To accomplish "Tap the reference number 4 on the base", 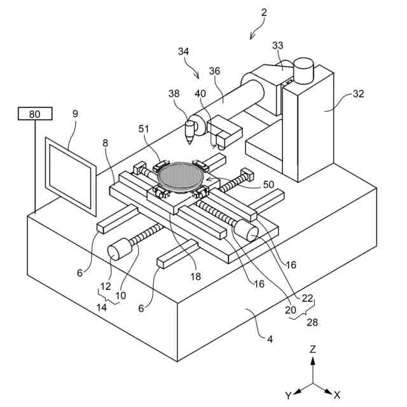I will coord(270,339).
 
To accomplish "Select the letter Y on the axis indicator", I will coord(288,395).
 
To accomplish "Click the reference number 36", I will coord(214,71).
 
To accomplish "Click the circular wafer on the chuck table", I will coord(182,174).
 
